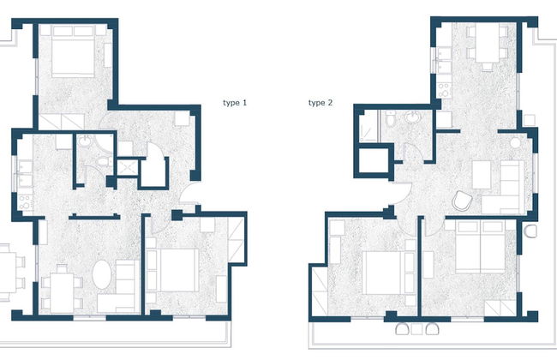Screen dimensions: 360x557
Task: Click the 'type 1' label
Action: (x=235, y=103)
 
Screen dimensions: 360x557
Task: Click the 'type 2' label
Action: (x=320, y=103)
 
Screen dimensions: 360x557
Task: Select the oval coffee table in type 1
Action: (x=101, y=277)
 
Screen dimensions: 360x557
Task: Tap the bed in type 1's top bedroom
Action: (x=73, y=53)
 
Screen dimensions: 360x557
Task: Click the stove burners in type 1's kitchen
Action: (x=23, y=204)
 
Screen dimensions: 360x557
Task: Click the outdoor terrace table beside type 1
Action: (x=7, y=267)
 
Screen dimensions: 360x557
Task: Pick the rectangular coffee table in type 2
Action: (x=480, y=175)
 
